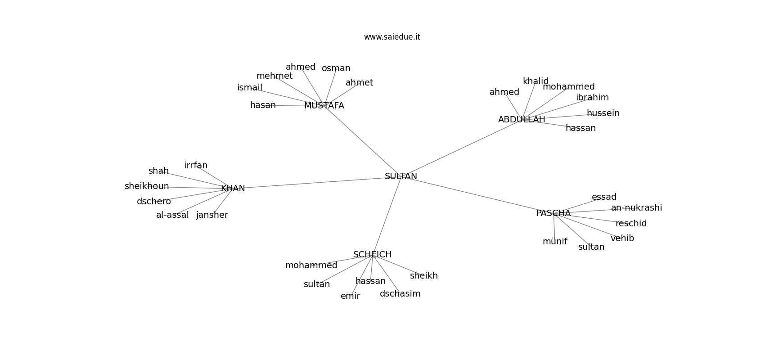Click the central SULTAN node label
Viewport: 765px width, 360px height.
click(x=400, y=176)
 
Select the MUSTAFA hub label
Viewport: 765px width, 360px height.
click(x=324, y=106)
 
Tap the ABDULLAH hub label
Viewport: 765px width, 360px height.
click(x=522, y=120)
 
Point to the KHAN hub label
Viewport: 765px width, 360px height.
click(x=233, y=188)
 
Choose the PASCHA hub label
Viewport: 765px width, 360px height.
click(x=553, y=213)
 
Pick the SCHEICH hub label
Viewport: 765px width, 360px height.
click(x=372, y=254)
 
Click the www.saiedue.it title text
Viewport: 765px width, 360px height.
click(x=392, y=37)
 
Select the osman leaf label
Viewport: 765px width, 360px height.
click(x=336, y=68)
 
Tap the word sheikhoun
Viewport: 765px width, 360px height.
click(x=147, y=186)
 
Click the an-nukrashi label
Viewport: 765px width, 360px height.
click(x=637, y=207)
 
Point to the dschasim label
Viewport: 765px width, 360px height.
click(x=400, y=294)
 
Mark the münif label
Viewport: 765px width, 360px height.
click(x=555, y=242)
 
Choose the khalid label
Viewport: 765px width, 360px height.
click(x=535, y=81)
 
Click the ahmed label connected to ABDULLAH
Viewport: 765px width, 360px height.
click(x=504, y=92)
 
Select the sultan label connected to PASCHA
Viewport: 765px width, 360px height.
click(x=591, y=247)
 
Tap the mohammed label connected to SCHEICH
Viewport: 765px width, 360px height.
click(x=311, y=265)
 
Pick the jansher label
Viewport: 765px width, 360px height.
click(x=212, y=215)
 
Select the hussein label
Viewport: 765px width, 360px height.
click(x=603, y=113)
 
